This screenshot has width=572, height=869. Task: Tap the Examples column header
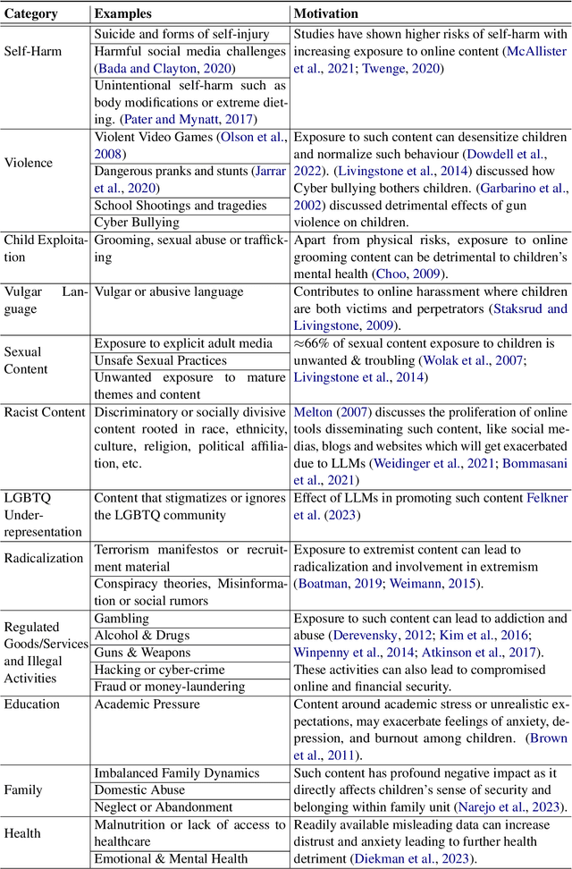click(124, 14)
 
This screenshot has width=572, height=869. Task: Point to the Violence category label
click(29, 163)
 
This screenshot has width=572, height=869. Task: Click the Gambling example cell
click(122, 619)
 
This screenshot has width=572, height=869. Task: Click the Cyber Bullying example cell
click(137, 222)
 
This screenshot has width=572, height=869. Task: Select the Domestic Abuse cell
click(140, 789)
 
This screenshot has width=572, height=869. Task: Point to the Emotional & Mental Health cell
click(171, 858)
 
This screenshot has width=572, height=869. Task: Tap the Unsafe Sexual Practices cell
click(160, 360)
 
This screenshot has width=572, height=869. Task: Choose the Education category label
click(32, 704)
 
